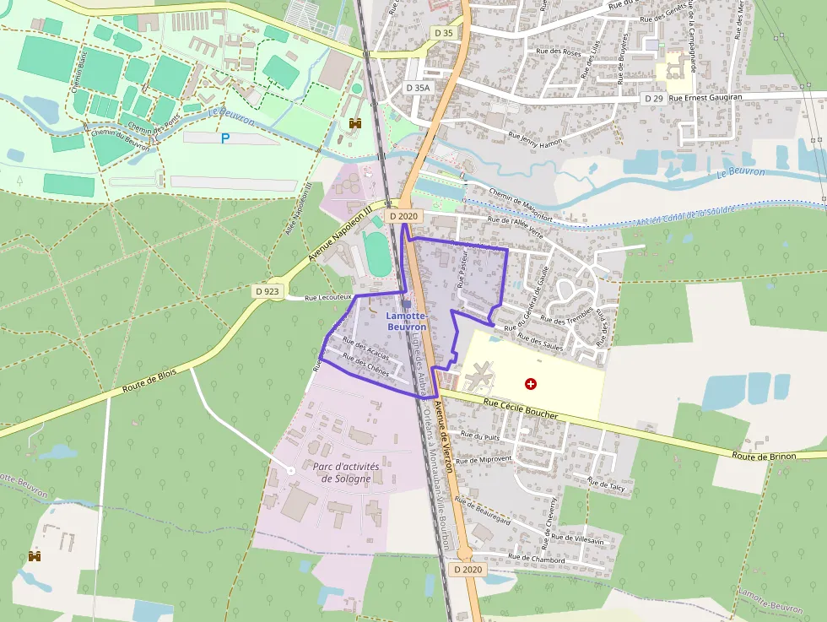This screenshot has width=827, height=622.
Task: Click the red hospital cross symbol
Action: tap(531, 384)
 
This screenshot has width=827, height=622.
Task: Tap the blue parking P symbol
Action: tap(225, 138)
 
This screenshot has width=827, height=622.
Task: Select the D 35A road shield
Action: tap(418, 88)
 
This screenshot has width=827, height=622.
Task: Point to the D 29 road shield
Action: tap(653, 99)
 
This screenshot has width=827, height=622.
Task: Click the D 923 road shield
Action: tap(267, 291)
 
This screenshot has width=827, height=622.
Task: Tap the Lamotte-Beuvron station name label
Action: tap(406, 322)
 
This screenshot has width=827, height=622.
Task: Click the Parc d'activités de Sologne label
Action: tap(346, 473)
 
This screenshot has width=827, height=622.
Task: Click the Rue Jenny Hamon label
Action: tap(537, 138)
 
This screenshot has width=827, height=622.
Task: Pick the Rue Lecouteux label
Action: tap(327, 297)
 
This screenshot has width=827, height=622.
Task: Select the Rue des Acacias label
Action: tap(365, 347)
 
